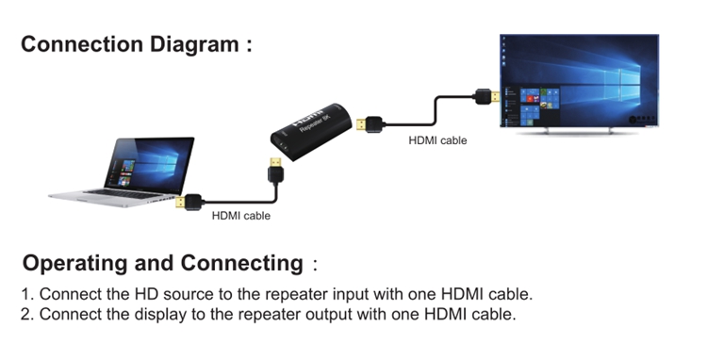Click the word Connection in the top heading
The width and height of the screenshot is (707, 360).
point(83,44)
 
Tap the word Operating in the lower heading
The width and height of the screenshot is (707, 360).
point(74,264)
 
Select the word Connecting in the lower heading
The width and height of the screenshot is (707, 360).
point(241,264)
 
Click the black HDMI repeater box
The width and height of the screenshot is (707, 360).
point(311,131)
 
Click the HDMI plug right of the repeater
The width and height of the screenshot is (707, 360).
point(370,123)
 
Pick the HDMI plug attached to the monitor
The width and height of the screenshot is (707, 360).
point(487,96)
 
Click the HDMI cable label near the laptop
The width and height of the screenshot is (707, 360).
point(241,216)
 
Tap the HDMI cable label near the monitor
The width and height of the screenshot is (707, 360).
point(437,140)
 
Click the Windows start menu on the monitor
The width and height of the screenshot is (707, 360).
point(532,106)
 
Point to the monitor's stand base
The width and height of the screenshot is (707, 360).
point(579,131)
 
